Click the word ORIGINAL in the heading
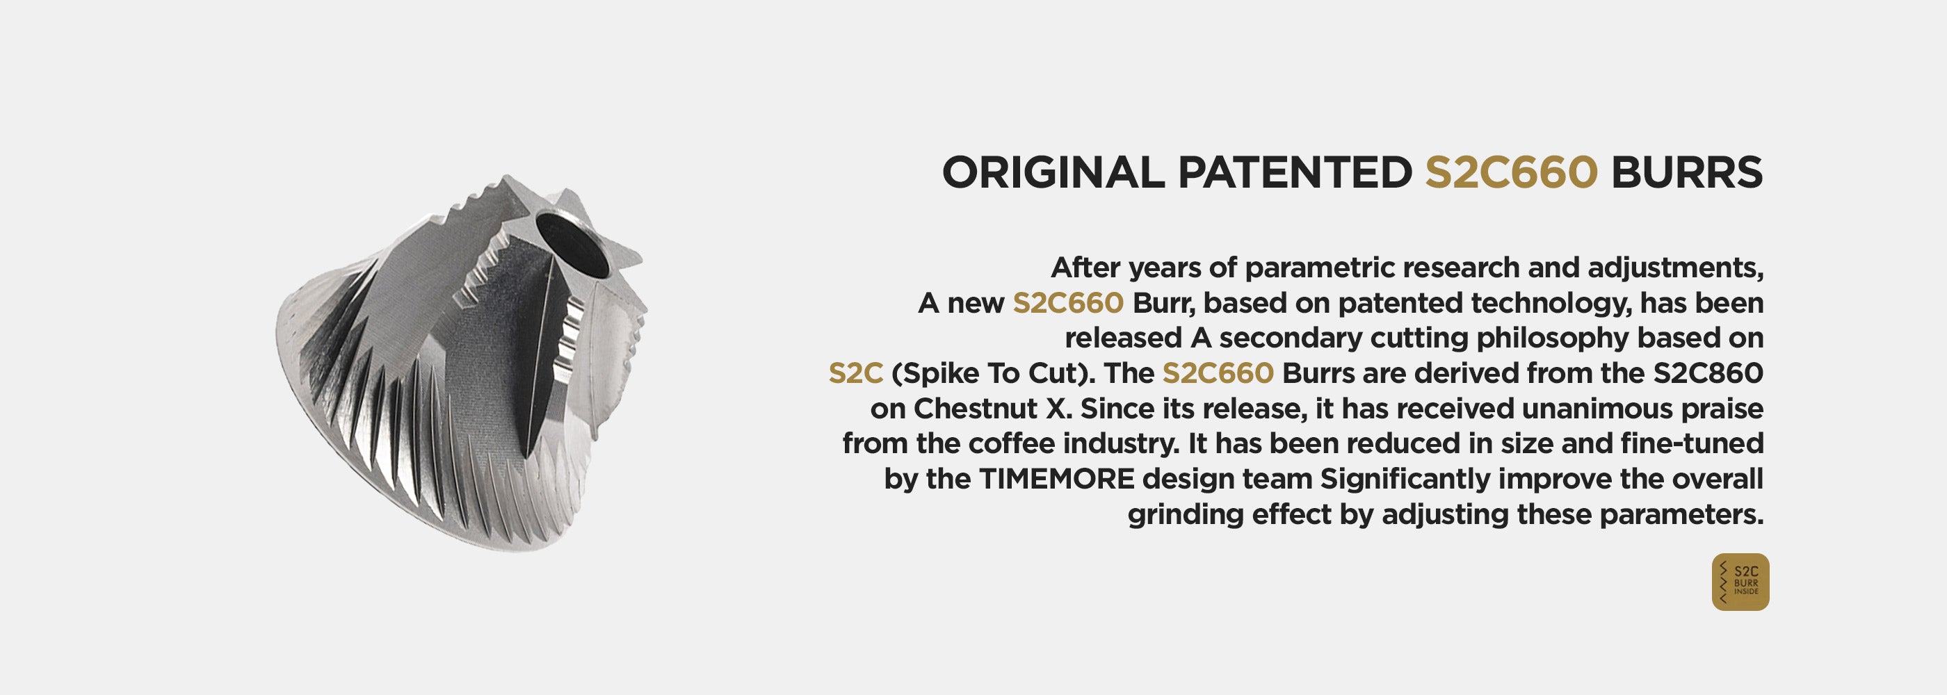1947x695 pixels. (1053, 172)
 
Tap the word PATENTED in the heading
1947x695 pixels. (1295, 172)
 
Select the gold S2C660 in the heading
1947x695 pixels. (1512, 172)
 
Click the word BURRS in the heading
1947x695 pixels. (1687, 172)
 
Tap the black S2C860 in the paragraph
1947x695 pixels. (1708, 373)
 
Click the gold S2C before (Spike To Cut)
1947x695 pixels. (855, 373)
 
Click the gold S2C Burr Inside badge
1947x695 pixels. (1740, 582)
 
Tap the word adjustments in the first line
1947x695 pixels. (1676, 269)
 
